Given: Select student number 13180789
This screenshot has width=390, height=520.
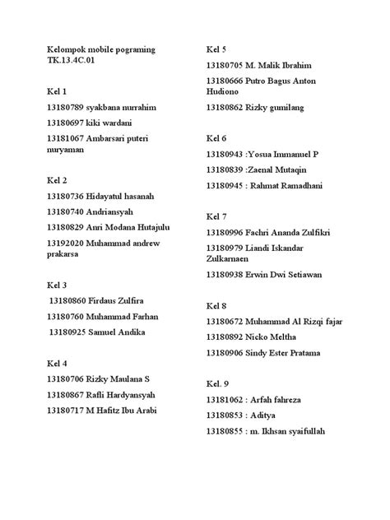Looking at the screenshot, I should coord(70,108).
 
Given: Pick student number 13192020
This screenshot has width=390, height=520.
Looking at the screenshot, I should coord(70,244).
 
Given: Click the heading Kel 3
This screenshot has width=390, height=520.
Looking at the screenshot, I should coord(58,285).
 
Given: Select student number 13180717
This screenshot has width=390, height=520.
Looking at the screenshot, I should coord(70,410).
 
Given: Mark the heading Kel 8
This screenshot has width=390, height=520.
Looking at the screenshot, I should coord(216,305).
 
